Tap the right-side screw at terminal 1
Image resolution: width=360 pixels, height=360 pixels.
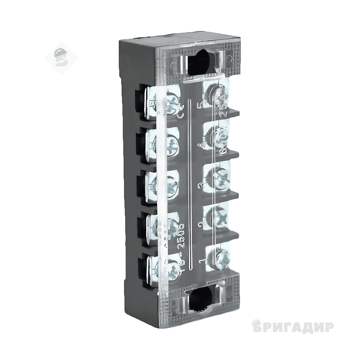tap(219, 258)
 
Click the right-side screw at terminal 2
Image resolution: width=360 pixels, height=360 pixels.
tap(220, 219)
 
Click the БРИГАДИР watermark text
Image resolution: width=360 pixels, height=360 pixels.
tap(293, 327)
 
